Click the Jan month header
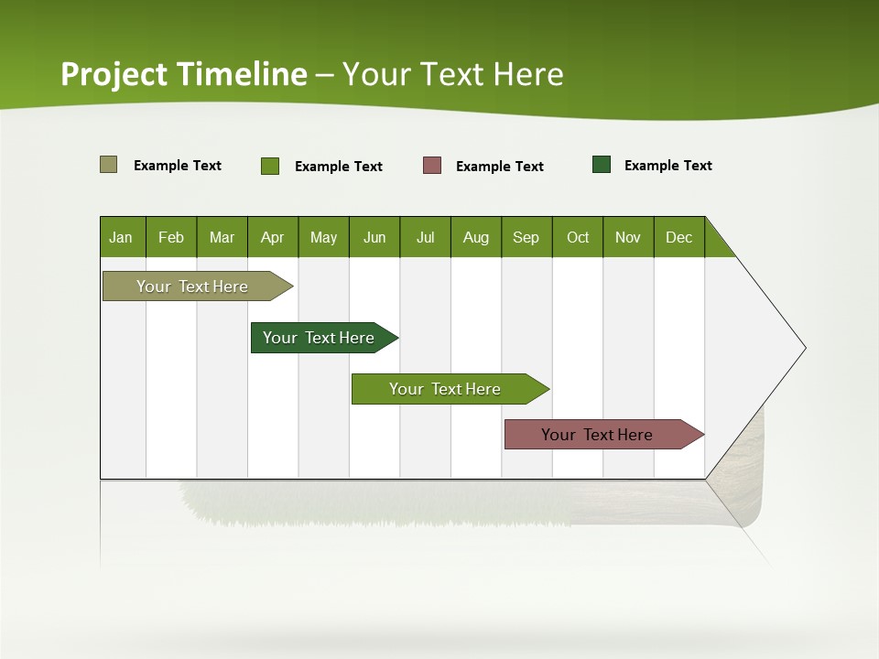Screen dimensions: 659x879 click(x=122, y=237)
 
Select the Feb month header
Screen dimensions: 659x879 click(x=171, y=237)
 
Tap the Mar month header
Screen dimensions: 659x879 click(x=222, y=237)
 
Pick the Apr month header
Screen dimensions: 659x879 click(x=273, y=237)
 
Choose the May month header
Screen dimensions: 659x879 click(x=323, y=237)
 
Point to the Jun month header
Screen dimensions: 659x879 click(x=374, y=237)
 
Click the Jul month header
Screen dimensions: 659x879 click(x=425, y=237)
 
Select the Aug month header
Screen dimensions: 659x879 click(x=476, y=237)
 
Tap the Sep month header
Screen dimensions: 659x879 click(x=526, y=237)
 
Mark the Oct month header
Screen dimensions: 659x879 click(x=578, y=237)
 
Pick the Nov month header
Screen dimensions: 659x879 click(x=628, y=237)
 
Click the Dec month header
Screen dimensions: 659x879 click(x=679, y=237)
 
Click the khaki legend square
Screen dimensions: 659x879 click(x=109, y=165)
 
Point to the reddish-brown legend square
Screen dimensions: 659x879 click(x=432, y=166)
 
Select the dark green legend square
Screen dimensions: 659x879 click(x=602, y=165)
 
